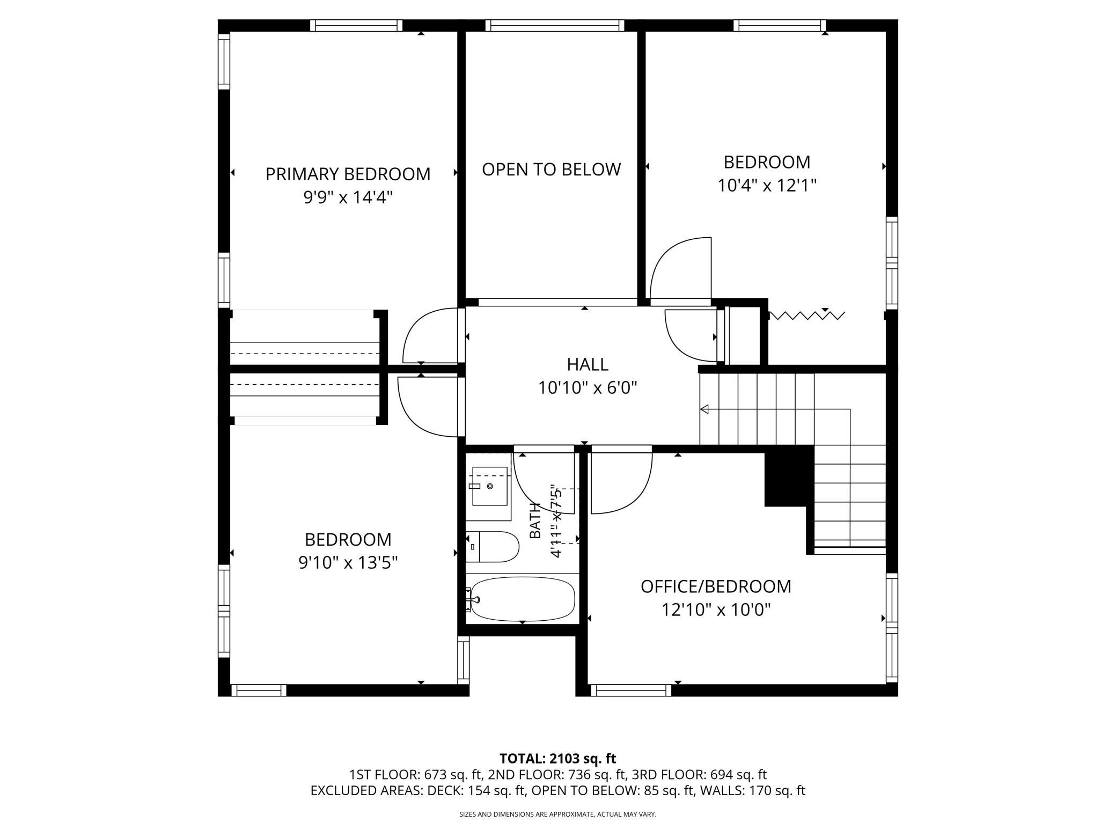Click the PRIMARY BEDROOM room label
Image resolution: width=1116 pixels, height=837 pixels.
pyautogui.click(x=348, y=174)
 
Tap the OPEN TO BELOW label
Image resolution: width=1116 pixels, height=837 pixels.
pyautogui.click(x=551, y=170)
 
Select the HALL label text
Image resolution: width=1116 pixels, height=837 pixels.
pyautogui.click(x=588, y=365)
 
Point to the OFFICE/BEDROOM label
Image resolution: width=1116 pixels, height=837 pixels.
pyautogui.click(x=716, y=586)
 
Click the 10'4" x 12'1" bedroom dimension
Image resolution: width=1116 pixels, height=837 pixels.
pyautogui.click(x=767, y=186)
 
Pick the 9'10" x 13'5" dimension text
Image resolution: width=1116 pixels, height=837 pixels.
pyautogui.click(x=348, y=563)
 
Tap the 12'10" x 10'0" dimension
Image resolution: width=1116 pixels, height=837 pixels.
pyautogui.click(x=716, y=610)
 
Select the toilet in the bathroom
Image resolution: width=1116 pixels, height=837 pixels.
pyautogui.click(x=492, y=547)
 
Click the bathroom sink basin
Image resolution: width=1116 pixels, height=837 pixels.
pyautogui.click(x=489, y=486)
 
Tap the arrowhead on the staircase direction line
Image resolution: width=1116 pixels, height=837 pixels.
pyautogui.click(x=704, y=409)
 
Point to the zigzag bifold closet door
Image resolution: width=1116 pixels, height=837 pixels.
pyautogui.click(x=807, y=315)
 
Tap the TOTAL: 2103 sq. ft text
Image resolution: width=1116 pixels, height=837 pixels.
pyautogui.click(x=558, y=759)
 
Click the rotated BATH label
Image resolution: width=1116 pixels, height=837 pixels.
pyautogui.click(x=535, y=520)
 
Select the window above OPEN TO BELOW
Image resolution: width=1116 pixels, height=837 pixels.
pyautogui.click(x=555, y=25)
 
